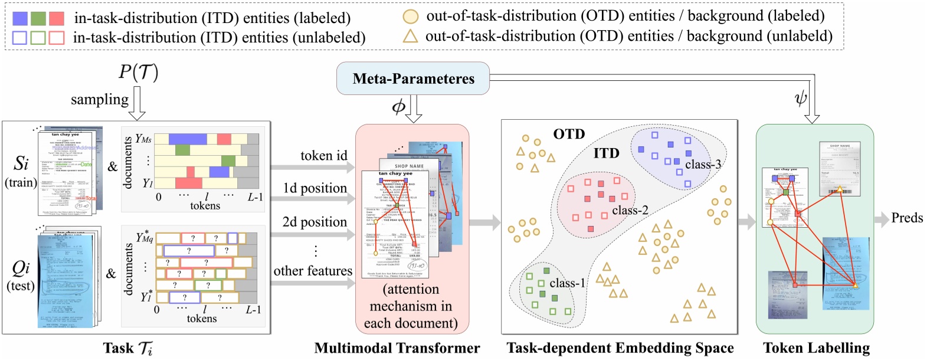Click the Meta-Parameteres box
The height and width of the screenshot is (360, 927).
click(413, 78)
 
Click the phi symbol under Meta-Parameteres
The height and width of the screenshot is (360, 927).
click(399, 107)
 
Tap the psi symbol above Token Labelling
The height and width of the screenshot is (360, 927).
click(801, 98)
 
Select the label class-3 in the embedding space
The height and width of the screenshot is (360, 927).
click(703, 165)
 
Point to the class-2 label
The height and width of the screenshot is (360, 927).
click(630, 211)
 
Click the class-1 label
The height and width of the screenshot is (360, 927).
click(567, 283)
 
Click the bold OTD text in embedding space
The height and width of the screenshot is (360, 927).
click(569, 135)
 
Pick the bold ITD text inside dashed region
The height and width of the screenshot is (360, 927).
click(606, 154)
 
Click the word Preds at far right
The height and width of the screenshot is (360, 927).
click(907, 218)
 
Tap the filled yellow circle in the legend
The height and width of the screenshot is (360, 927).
click(411, 17)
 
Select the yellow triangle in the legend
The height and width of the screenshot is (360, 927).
click(410, 37)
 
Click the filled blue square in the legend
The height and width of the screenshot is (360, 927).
click(20, 18)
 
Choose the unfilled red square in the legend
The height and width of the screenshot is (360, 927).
click(57, 38)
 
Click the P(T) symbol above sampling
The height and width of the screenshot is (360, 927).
click(139, 72)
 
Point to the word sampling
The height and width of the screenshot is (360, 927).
click(99, 99)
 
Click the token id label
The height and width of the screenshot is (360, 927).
click(324, 156)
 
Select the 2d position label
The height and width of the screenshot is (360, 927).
click(315, 222)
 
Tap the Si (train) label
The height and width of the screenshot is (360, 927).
click(21, 171)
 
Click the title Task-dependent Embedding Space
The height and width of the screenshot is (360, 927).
click(620, 348)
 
